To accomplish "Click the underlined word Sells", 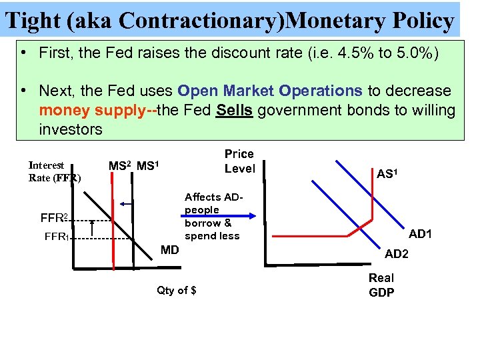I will click(x=234, y=110).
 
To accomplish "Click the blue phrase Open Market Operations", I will click(x=270, y=91).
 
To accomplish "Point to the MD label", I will click(x=171, y=251).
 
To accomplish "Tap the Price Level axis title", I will click(x=239, y=161).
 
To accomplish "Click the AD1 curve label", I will click(x=421, y=234).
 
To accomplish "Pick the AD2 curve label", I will click(x=397, y=254).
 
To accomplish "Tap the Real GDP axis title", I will click(x=381, y=285).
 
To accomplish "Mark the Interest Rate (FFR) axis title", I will click(x=54, y=171).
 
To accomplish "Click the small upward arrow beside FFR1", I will click(x=92, y=228).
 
